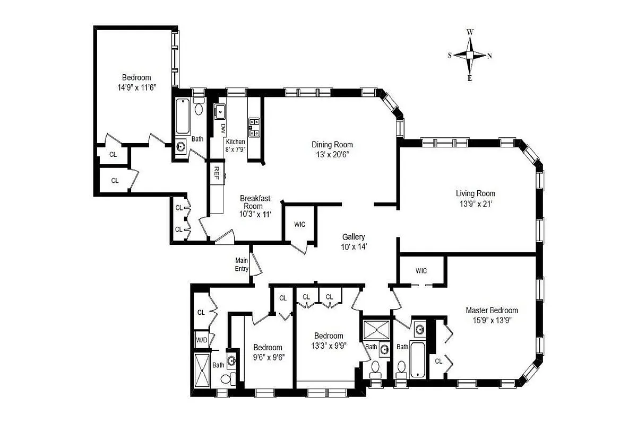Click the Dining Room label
coord(332,145)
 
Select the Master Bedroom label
coord(492,311)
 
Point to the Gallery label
coord(353,237)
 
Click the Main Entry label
coord(242,264)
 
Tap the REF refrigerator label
coord(217,171)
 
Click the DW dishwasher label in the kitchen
coord(223,128)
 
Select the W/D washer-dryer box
coord(202,340)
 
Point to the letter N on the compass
coord(489,56)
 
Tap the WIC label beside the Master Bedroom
coord(421,271)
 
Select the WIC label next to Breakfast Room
coord(299,224)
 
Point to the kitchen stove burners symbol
coord(253,127)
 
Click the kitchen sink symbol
coord(220,112)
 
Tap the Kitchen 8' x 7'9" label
coord(235,146)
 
